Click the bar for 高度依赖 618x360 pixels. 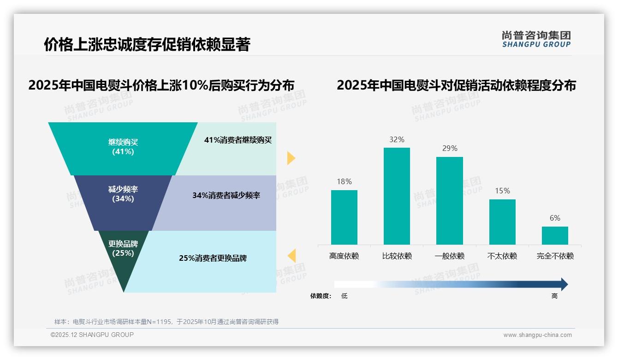pyautogui.click(x=344, y=217)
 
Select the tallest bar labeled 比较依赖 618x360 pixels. pyautogui.click(x=397, y=196)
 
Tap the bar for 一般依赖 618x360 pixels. pyautogui.click(x=449, y=200)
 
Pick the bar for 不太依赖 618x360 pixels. pyautogui.click(x=502, y=222)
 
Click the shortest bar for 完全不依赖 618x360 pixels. pyautogui.click(x=555, y=235)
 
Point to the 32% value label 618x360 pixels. pyautogui.click(x=397, y=139)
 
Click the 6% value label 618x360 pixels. pyautogui.click(x=555, y=218)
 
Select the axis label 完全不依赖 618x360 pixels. pyautogui.click(x=555, y=256)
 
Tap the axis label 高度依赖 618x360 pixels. pyautogui.click(x=344, y=256)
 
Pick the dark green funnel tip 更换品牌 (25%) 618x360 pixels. pyautogui.click(x=123, y=258)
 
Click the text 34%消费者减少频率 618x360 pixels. pyautogui.click(x=226, y=196)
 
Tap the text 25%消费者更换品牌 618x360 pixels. pyautogui.click(x=213, y=258)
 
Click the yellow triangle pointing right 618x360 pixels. pyautogui.click(x=291, y=158)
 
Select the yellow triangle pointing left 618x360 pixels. pyautogui.click(x=291, y=255)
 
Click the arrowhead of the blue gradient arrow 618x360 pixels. pyautogui.click(x=564, y=284)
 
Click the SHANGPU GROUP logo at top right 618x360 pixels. pyautogui.click(x=536, y=39)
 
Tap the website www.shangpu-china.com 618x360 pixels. pyautogui.click(x=537, y=335)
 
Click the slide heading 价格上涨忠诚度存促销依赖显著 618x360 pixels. pyautogui.click(x=147, y=45)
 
